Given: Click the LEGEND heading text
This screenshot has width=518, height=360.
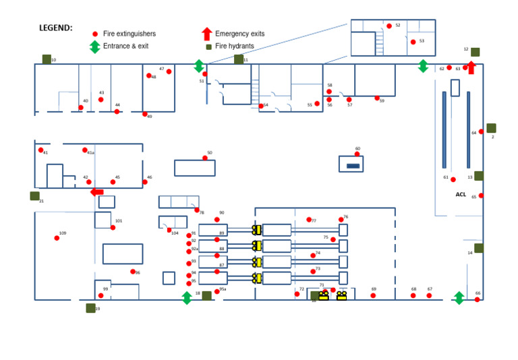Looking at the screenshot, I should (55, 28).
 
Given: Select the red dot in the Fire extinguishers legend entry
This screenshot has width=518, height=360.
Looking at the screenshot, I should (95, 34).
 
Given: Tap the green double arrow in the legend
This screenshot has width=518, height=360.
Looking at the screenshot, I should (95, 47).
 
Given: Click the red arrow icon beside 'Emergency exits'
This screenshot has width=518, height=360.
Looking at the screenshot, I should (207, 34).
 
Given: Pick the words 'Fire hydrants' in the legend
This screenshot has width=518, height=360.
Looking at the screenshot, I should (235, 47).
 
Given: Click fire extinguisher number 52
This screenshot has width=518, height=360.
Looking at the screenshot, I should (389, 26).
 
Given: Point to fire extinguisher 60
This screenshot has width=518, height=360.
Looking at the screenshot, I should (357, 154).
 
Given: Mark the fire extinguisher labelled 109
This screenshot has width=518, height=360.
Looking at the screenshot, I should (57, 238).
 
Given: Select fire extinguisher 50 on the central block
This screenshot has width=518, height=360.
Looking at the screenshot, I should (205, 158).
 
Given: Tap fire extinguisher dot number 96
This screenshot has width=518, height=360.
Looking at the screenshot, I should (133, 272).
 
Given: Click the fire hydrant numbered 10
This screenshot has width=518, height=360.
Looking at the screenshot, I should (47, 59).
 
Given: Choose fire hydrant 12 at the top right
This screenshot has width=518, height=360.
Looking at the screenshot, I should (476, 52).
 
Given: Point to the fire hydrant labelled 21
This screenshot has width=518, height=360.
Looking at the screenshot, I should (34, 196).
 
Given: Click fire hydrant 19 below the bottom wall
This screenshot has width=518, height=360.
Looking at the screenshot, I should (90, 308).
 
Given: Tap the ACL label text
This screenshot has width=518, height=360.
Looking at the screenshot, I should (461, 195).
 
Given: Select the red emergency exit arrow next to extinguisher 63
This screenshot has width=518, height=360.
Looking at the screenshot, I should (471, 67).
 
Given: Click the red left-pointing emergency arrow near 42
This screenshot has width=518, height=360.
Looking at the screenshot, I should (96, 192).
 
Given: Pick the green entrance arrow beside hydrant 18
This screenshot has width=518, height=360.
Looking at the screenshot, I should (187, 297).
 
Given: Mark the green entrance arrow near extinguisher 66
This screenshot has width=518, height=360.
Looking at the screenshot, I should (459, 297).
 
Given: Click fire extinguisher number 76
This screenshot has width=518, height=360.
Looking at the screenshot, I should (341, 220).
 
